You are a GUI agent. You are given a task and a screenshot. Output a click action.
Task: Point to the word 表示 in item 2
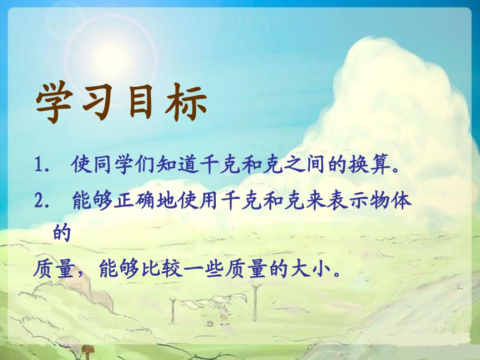pos(351,200)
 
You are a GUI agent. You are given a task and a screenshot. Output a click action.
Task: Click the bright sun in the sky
pos(117,44)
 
